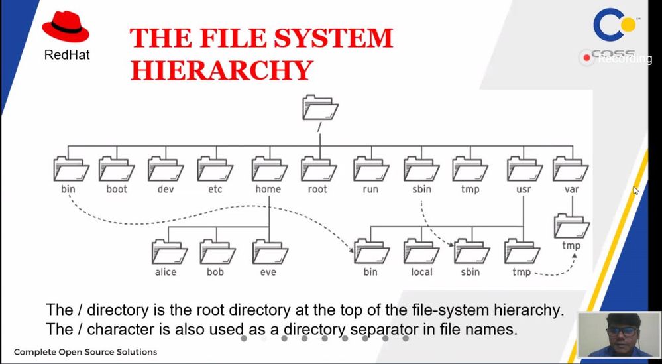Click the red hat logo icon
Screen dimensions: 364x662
[x=66, y=29]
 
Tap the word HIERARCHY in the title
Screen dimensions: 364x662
[x=221, y=69]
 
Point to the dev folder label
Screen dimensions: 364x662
[x=165, y=189]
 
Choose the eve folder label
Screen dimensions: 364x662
[x=268, y=272]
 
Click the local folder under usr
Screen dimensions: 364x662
[x=421, y=251]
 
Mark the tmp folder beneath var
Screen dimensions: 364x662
[x=571, y=226]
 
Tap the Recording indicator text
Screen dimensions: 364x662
[x=625, y=59]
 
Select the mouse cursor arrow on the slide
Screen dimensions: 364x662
[x=636, y=191]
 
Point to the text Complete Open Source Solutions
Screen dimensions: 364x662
[x=85, y=351]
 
